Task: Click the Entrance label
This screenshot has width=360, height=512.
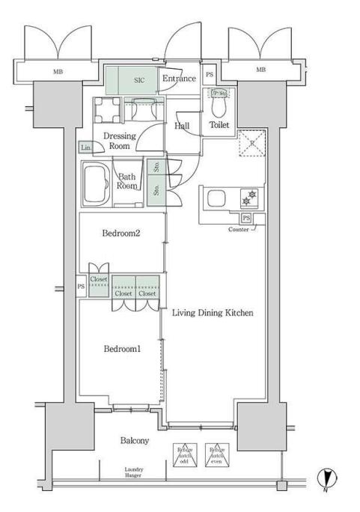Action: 179,79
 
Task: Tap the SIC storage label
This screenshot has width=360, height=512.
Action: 139,79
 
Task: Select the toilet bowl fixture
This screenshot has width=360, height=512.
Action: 219,107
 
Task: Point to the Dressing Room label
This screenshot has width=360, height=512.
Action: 119,141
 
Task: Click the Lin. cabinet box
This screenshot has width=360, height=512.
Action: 87,148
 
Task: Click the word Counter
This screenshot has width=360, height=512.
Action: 239,229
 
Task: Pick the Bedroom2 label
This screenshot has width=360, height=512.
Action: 121,234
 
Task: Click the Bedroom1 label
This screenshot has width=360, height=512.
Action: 121,350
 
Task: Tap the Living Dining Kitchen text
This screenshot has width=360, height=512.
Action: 214,313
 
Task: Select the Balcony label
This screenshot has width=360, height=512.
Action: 135,441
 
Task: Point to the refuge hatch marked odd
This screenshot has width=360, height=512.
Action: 184,454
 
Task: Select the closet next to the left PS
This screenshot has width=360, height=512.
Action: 99,285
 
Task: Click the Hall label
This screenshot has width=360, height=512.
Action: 182,127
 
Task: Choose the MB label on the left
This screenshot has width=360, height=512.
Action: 58,71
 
